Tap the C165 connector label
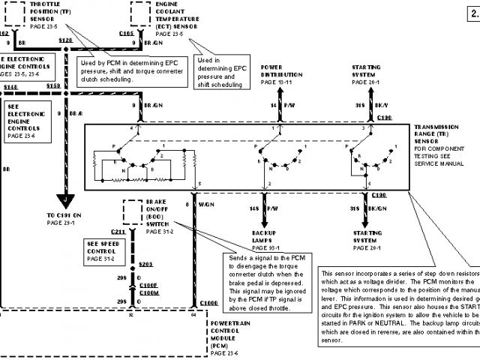[x=126, y=33]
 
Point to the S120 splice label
[x=65, y=38]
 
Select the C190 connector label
[x=380, y=193]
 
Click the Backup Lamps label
[x=266, y=240]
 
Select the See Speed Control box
[x=104, y=250]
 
